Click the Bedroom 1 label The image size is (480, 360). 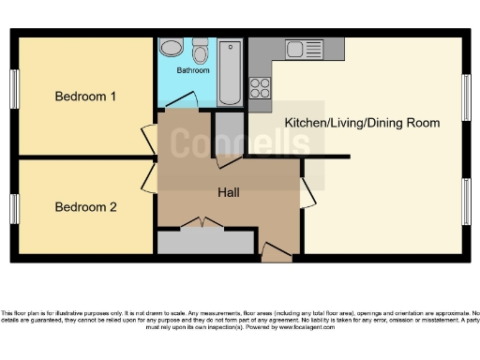85,97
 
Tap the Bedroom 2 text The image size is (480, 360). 85,207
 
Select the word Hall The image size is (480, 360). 228,192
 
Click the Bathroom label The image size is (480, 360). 194,70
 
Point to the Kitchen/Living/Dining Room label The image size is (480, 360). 362,123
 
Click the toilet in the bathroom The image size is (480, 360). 200,48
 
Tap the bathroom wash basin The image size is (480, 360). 172,49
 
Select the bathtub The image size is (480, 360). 230,72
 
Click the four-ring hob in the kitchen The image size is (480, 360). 260,87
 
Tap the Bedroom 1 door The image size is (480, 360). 148,133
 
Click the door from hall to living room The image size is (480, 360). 307,191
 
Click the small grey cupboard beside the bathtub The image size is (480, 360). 228,132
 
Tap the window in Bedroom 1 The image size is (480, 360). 14,92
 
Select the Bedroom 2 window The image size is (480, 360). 14,208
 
